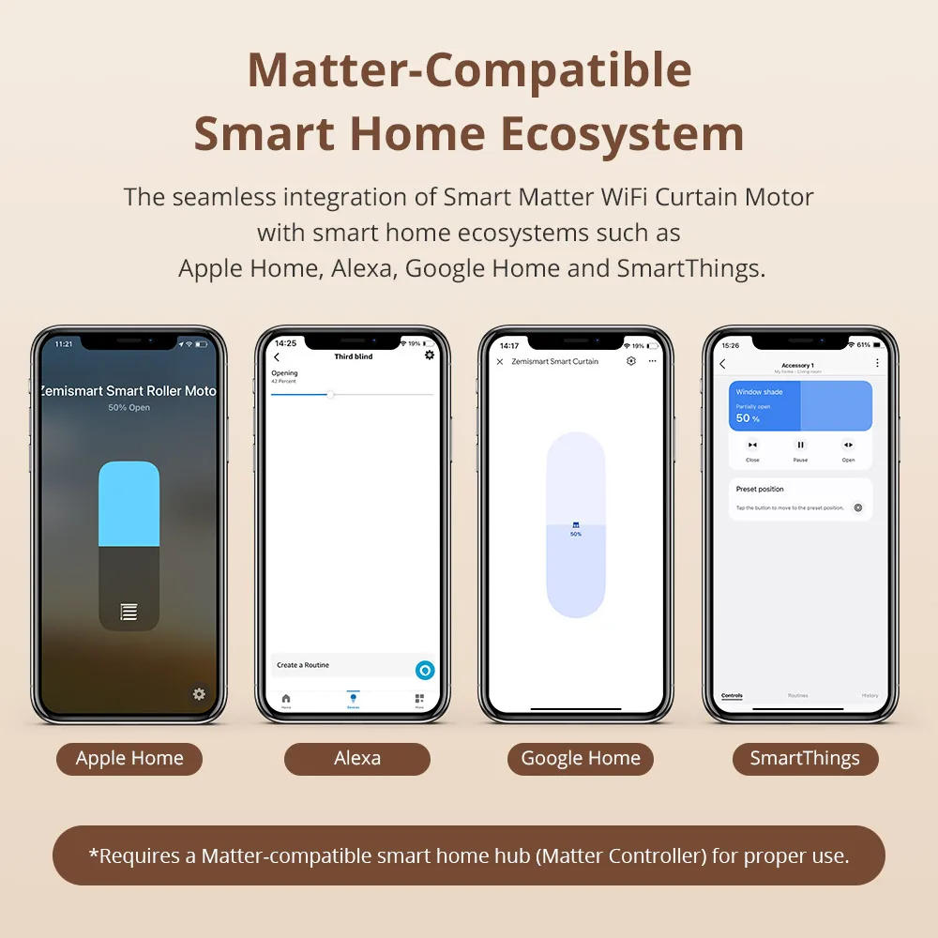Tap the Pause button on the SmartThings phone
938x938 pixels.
point(800,446)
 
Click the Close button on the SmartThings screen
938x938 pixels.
point(752,446)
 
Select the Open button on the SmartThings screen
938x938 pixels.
point(848,446)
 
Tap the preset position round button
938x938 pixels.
point(857,507)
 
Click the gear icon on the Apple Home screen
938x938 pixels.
point(199,694)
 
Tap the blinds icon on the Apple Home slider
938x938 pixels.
point(129,613)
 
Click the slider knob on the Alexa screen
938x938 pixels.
point(330,394)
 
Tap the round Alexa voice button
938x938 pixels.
point(425,670)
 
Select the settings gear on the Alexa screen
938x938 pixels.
point(430,356)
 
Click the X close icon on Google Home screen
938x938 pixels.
point(499,361)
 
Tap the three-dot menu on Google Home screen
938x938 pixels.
point(653,361)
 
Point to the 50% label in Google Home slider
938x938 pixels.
point(576,534)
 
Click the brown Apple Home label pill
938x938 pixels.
point(129,759)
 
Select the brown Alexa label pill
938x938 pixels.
point(357,759)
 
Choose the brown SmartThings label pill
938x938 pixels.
point(805,759)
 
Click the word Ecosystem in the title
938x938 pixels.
point(622,134)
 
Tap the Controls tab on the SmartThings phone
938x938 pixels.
point(732,696)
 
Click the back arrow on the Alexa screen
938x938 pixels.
point(277,357)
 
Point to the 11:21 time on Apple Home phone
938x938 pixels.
point(64,344)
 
